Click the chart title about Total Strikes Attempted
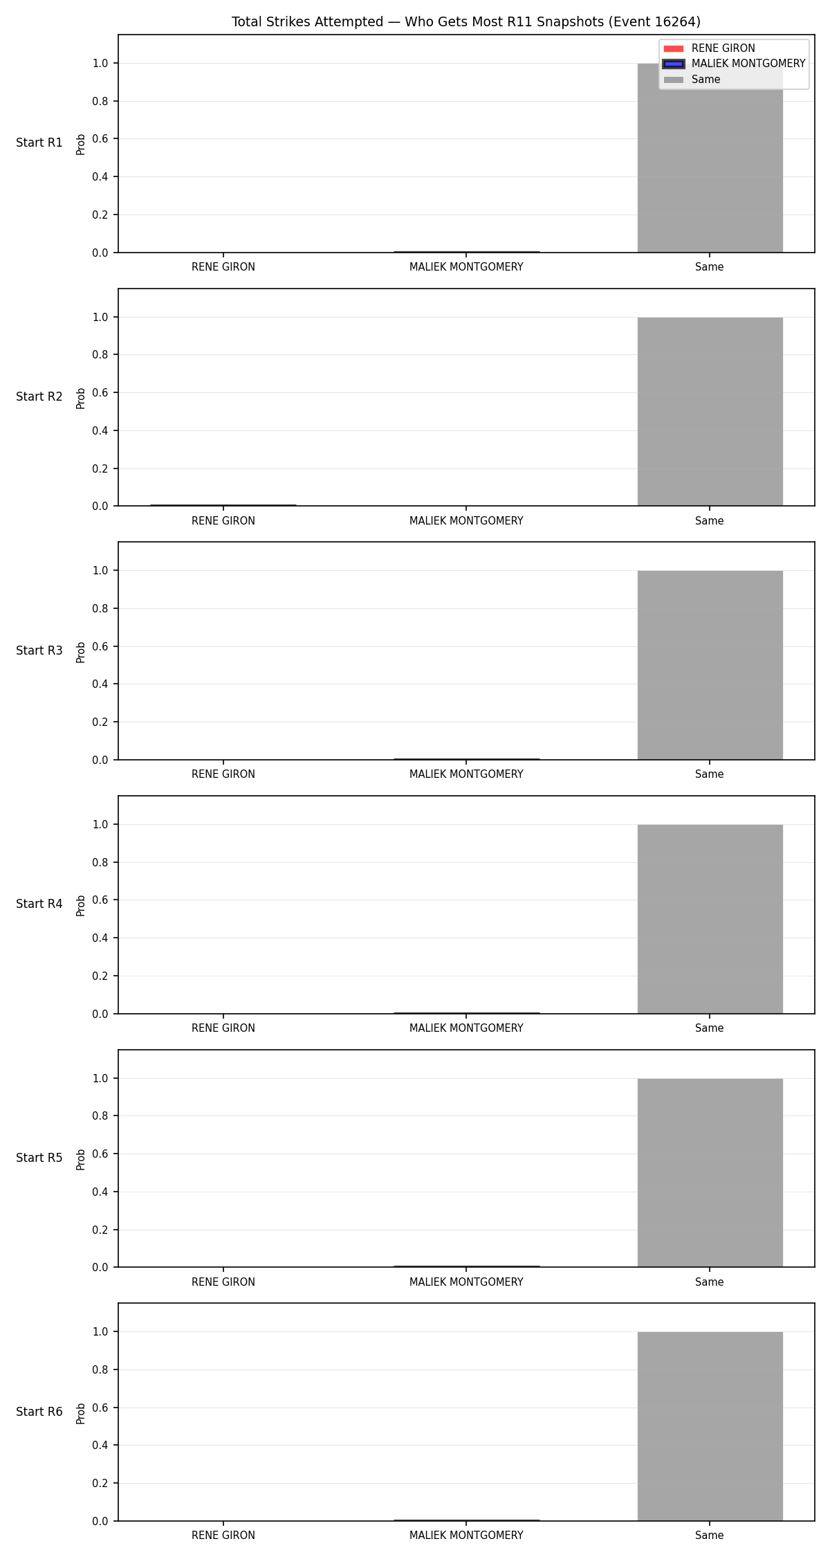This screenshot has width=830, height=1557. click(465, 22)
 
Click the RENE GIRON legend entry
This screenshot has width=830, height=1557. click(709, 48)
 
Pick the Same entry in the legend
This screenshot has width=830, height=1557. click(692, 80)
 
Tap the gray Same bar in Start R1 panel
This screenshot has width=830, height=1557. click(710, 158)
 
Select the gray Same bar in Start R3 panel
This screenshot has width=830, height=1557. click(710, 665)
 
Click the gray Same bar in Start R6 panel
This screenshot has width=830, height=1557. click(710, 1426)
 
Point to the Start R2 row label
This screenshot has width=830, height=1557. click(39, 397)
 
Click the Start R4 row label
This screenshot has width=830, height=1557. click(39, 904)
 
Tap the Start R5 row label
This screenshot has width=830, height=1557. click(39, 1158)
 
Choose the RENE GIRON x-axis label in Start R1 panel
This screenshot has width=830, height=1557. click(223, 267)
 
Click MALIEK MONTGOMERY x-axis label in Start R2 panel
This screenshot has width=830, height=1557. click(466, 521)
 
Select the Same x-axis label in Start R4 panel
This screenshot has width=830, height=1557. click(710, 1028)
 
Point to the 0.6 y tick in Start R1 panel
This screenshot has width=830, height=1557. click(100, 139)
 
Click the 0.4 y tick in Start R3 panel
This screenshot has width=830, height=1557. click(100, 684)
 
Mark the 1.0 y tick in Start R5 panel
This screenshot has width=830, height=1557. click(100, 1079)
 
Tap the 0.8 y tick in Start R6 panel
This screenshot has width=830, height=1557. click(100, 1370)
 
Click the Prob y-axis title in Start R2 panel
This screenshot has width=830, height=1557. click(81, 398)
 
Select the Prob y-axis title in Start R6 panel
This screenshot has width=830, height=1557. click(81, 1413)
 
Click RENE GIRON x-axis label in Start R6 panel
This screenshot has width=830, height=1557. click(223, 1536)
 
